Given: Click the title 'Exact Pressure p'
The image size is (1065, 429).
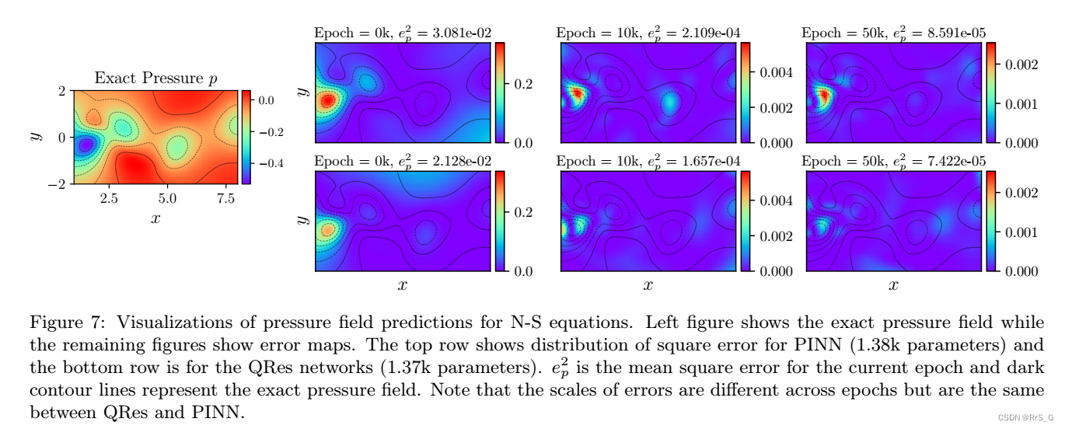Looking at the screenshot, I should [x=155, y=78].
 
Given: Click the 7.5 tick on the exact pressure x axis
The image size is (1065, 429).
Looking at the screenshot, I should [x=225, y=198].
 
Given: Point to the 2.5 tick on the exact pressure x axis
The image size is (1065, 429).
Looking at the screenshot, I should [x=109, y=198].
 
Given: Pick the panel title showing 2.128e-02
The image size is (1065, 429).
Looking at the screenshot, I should [x=403, y=161].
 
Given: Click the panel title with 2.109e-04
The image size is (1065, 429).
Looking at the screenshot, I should [x=648, y=33].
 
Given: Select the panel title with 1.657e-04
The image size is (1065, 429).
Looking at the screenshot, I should [x=648, y=161].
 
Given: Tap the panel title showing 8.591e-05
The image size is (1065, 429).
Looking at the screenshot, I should [x=893, y=33].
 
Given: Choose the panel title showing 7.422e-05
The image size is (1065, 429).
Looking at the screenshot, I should [x=893, y=161].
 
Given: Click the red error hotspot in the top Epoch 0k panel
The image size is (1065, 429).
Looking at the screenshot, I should [x=327, y=100].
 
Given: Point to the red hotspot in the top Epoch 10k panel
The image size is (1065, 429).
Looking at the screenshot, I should [x=576, y=95].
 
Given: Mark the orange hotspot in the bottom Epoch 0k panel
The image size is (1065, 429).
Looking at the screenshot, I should [x=327, y=229].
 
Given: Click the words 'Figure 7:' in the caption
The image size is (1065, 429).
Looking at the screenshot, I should [x=68, y=323].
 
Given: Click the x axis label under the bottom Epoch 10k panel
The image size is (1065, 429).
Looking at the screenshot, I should [x=648, y=285].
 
